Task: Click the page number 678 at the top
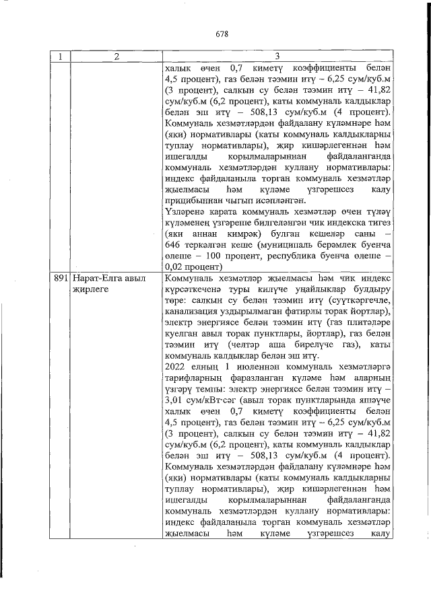click(223, 33)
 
